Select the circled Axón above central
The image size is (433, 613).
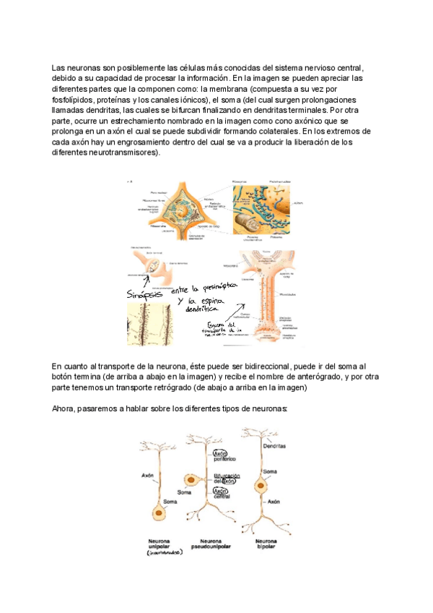[220, 491]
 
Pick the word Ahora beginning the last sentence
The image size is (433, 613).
[64, 408]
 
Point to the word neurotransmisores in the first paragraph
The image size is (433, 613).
[119, 153]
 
